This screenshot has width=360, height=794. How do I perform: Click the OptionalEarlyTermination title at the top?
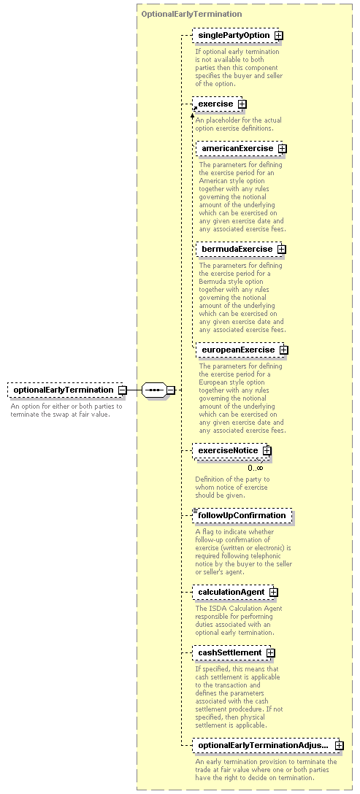tap(191, 14)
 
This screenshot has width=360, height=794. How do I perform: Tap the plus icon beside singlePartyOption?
tap(278, 36)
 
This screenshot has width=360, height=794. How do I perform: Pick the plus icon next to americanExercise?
tap(282, 149)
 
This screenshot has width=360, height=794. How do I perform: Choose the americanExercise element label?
tap(237, 148)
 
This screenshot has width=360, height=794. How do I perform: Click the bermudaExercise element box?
tap(242, 249)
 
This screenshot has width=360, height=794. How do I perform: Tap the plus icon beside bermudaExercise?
tap(281, 250)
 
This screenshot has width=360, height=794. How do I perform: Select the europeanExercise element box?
tap(242, 350)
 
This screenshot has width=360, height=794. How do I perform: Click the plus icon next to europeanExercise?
tap(284, 350)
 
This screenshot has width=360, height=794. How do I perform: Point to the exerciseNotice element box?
tap(231, 451)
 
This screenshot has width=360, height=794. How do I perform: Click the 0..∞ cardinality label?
tap(256, 468)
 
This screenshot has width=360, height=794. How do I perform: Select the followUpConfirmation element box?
tap(242, 515)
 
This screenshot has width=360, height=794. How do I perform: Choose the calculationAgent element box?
tap(235, 592)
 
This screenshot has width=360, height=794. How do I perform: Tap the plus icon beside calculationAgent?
tap(273, 593)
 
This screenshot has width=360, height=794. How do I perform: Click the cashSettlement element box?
tap(234, 652)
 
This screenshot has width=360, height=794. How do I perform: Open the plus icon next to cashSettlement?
tap(270, 653)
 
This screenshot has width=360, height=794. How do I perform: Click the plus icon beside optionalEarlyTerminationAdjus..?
tap(340, 746)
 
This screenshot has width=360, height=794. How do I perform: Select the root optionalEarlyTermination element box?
tap(67, 390)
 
